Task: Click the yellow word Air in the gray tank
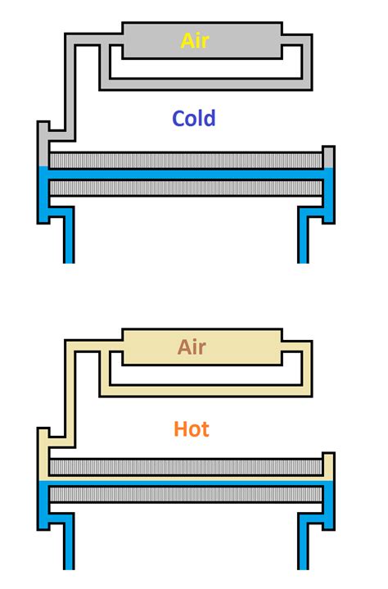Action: tap(195, 40)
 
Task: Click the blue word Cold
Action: tap(194, 118)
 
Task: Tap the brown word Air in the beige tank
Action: tap(192, 347)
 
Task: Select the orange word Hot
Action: tap(192, 428)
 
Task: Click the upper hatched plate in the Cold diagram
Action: tap(184, 161)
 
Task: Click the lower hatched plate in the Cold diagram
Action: tap(184, 188)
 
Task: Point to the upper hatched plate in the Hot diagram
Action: tap(184, 468)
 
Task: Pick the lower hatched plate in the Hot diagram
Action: tap(184, 495)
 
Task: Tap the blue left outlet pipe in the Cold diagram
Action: tap(69, 238)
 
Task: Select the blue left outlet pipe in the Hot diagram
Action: tap(69, 545)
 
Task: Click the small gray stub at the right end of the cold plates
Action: tap(328, 156)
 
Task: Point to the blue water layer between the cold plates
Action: tap(184, 174)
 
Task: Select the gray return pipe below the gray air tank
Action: tap(205, 83)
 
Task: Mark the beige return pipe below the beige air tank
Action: tap(205, 390)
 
